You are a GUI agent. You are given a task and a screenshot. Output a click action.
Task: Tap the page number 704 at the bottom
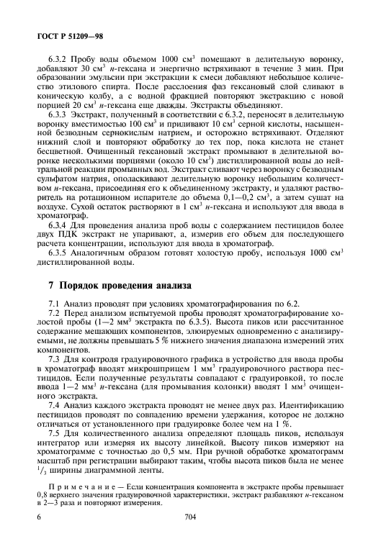point(190,517)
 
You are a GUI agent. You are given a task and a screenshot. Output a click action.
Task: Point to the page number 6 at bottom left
point(38,517)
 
